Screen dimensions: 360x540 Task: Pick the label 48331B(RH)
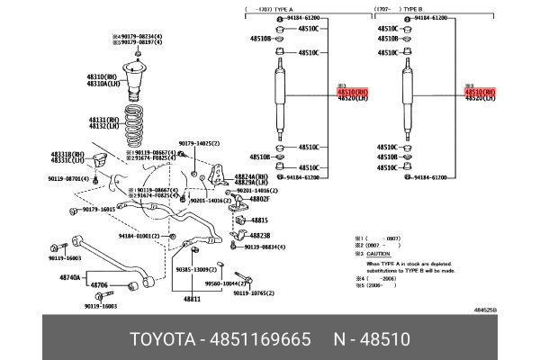(67, 154)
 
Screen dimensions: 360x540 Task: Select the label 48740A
(71, 277)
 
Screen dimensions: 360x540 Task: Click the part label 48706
(98, 285)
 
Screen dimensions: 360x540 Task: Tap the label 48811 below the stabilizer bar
(193, 298)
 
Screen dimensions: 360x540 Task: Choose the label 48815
(259, 220)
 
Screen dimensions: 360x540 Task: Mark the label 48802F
(262, 198)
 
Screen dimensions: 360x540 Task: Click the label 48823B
(261, 235)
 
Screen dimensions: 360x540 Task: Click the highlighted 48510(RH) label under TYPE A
(352, 91)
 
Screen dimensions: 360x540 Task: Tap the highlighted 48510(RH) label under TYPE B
(479, 91)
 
